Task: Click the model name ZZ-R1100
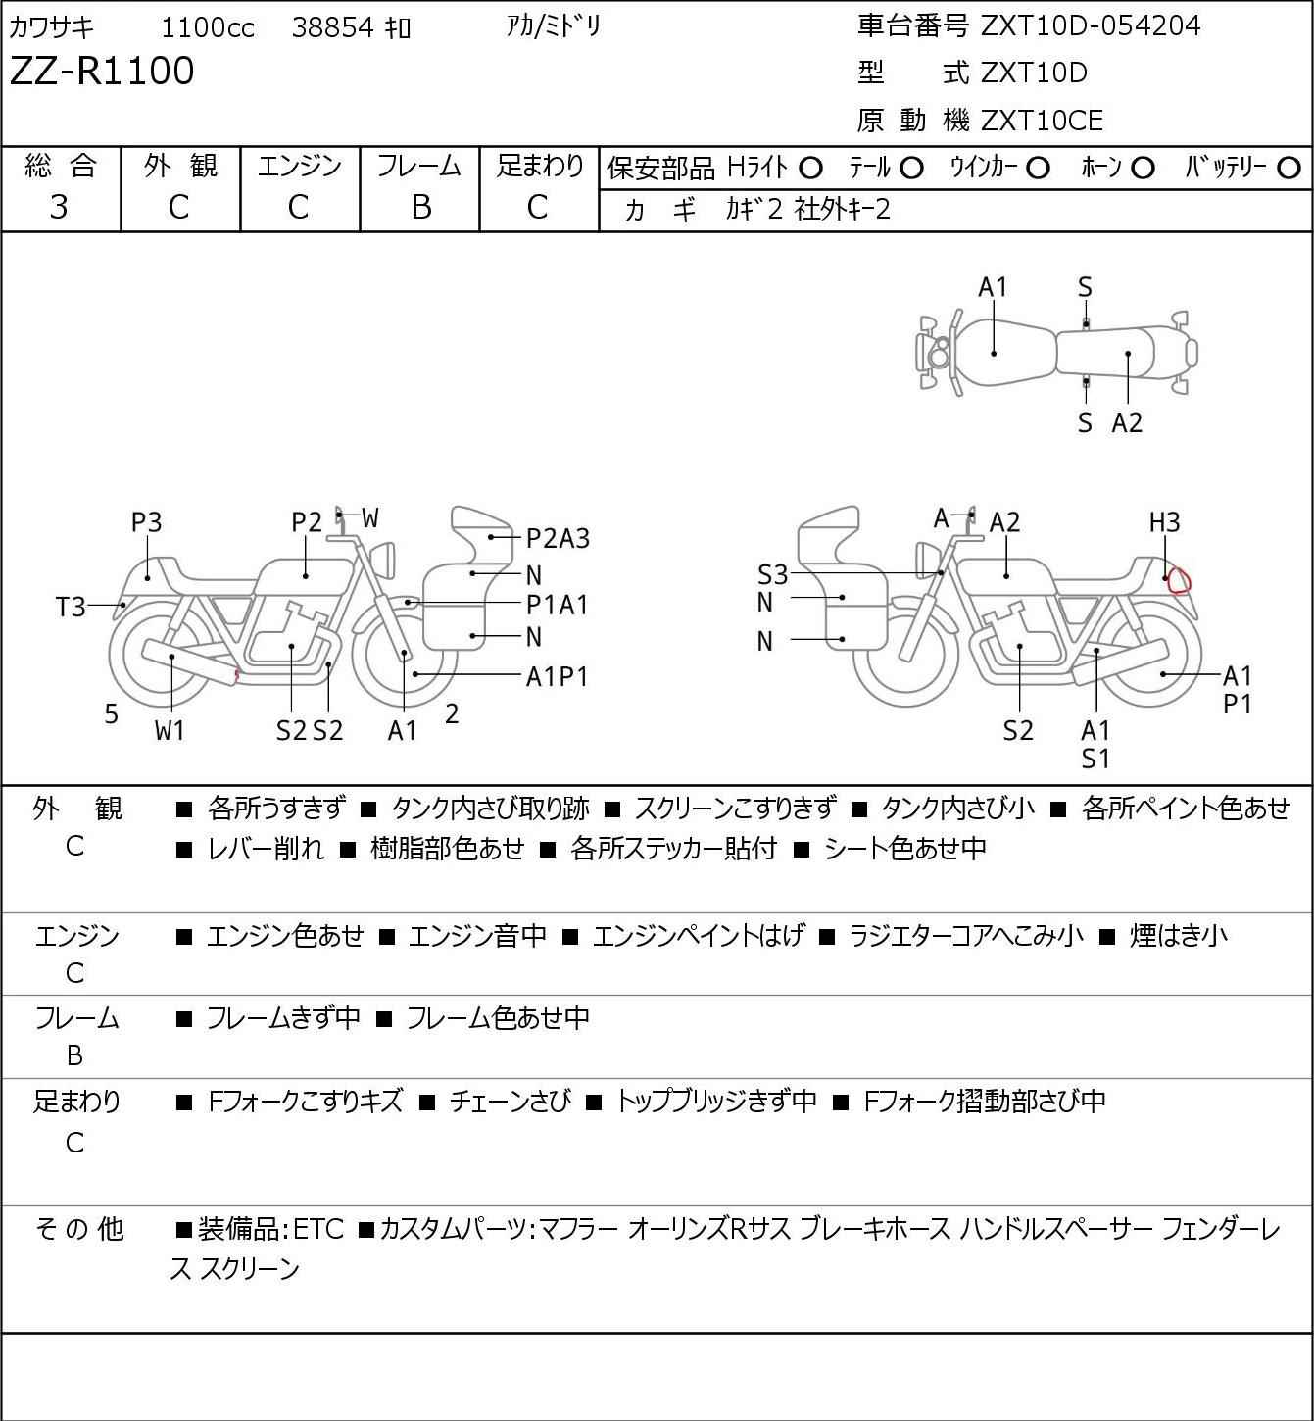[102, 72]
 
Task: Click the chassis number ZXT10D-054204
[1091, 25]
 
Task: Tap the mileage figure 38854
[332, 27]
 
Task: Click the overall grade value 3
[59, 207]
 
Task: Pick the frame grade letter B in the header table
[420, 207]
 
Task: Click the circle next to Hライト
[810, 169]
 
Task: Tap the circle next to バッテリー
[1290, 169]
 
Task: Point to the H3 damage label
[1164, 522]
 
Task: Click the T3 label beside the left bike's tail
[71, 608]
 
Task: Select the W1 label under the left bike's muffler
[170, 730]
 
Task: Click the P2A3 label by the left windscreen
[558, 538]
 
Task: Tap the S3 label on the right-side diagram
[772, 574]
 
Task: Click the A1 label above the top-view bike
[993, 287]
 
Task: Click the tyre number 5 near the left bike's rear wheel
[112, 714]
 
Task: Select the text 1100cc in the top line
[208, 27]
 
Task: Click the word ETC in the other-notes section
[317, 1228]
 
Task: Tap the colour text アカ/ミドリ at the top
[554, 25]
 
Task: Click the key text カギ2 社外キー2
[807, 209]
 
